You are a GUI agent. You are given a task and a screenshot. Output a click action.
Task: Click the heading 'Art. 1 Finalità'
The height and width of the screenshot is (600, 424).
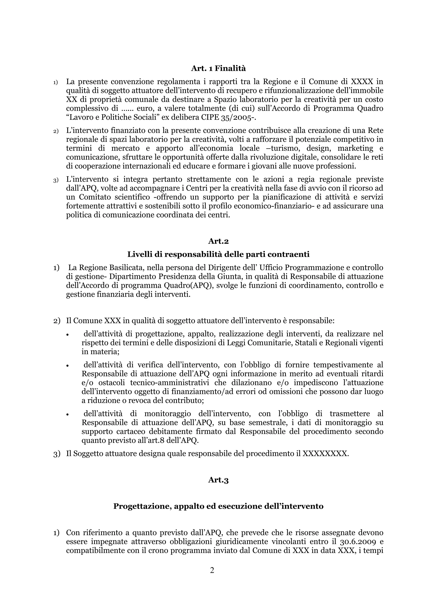click(x=218, y=69)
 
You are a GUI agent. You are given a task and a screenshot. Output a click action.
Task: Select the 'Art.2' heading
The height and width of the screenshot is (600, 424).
click(x=218, y=241)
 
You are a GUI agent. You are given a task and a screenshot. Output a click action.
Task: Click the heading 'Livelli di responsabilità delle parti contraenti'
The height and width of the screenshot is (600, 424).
click(x=218, y=254)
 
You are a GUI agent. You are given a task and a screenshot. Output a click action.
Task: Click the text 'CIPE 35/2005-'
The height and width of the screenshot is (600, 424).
click(x=228, y=117)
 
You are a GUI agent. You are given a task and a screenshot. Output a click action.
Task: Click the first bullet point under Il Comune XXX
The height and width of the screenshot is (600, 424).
click(x=67, y=335)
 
